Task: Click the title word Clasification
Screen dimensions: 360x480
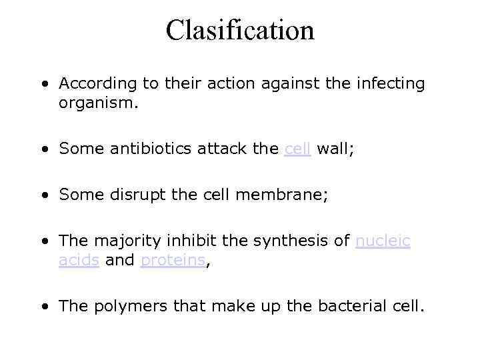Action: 240,31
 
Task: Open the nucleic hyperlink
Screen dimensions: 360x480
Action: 383,241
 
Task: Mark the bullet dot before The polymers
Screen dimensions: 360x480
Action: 44,307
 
